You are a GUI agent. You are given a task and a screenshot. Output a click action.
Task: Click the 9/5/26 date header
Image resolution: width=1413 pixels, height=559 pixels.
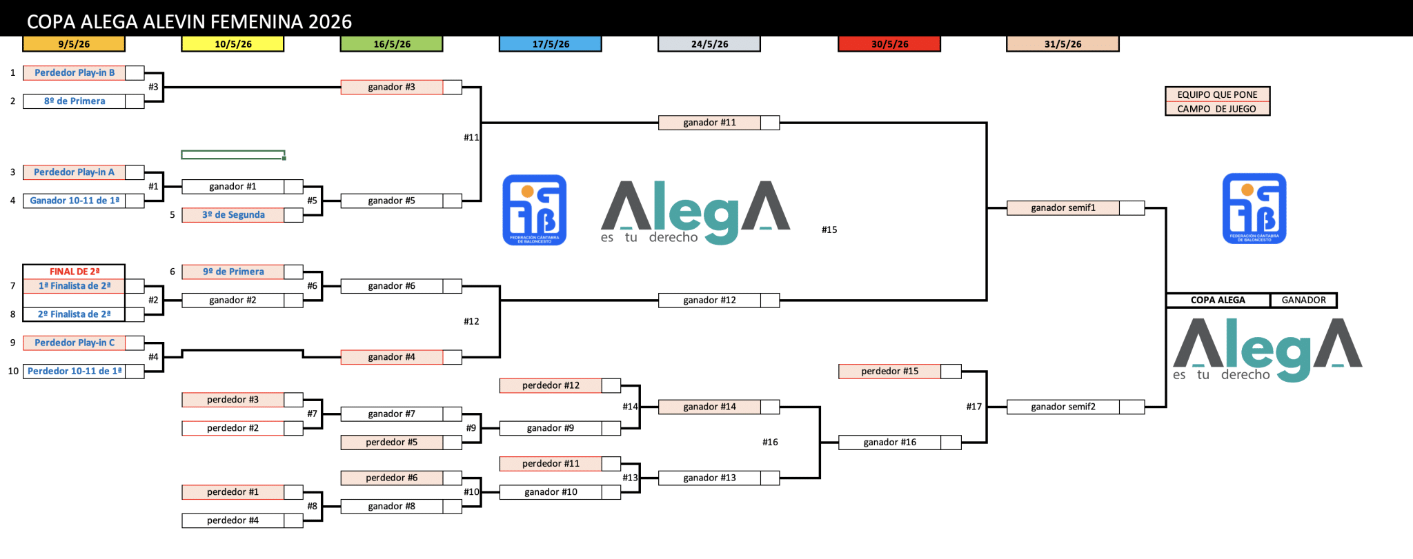(74, 44)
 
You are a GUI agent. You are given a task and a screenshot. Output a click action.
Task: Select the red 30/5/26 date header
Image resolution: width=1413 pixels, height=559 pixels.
(889, 44)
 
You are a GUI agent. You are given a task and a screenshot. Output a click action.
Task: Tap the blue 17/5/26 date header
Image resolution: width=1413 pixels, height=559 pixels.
(551, 44)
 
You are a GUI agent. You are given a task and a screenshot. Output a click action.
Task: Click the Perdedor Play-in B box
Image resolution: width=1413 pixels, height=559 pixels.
(75, 73)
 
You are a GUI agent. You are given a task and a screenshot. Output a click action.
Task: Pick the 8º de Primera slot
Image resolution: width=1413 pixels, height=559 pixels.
(75, 101)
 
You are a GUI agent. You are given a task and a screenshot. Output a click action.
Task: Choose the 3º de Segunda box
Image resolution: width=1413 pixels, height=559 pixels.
(233, 215)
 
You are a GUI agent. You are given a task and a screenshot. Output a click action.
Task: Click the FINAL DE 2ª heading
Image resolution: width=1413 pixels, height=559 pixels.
(74, 272)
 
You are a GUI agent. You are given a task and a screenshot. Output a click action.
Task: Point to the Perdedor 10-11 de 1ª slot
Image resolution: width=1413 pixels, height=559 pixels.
(75, 372)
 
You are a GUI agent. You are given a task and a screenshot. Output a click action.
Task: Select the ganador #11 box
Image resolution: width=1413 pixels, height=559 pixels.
(709, 123)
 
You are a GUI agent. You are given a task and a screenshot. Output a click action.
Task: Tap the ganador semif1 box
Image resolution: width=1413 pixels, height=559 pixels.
(1063, 208)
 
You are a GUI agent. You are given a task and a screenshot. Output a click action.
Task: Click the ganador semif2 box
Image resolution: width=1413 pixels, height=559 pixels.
(1063, 407)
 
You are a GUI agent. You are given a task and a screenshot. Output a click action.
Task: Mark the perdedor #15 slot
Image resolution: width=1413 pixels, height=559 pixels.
(889, 372)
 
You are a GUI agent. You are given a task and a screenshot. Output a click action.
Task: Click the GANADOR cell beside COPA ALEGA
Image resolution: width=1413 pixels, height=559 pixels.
(1303, 301)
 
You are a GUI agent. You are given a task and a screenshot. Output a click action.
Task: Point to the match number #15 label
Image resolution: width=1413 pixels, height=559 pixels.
(829, 230)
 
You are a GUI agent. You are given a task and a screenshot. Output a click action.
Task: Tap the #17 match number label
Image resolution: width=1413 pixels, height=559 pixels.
(974, 407)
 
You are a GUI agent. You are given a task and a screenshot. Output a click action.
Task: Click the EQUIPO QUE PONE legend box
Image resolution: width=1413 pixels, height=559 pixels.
(1217, 95)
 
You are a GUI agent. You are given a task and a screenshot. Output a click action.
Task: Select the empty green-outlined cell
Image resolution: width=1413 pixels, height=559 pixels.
(233, 155)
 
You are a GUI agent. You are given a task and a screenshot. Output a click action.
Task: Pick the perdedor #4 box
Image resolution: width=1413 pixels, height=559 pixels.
(233, 521)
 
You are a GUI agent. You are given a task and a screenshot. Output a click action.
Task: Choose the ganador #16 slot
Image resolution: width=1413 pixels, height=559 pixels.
(889, 443)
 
